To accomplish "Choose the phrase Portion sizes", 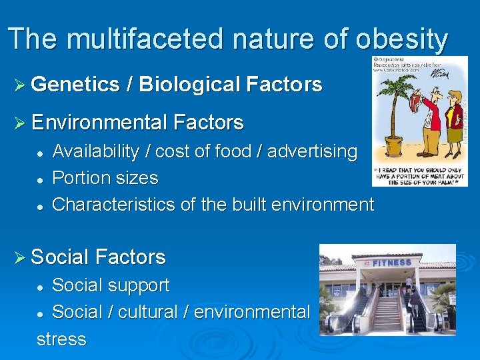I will pyautogui.click(x=105, y=178).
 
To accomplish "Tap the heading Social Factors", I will pyautogui.click(x=98, y=257).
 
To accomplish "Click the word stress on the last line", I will pyautogui.click(x=61, y=339).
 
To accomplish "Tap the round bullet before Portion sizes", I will pyautogui.click(x=41, y=179).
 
